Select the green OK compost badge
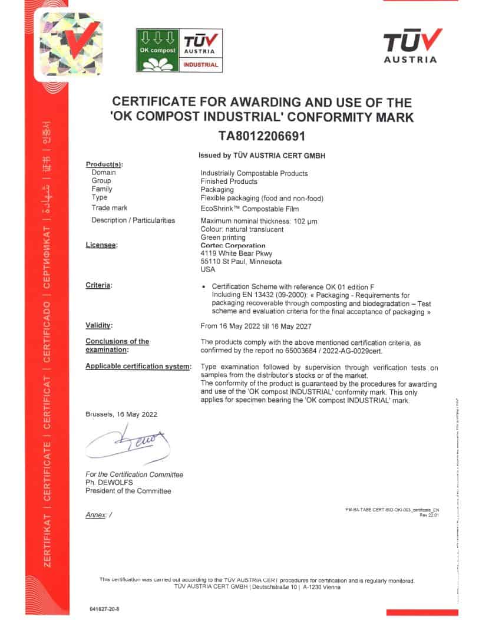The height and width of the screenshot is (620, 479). pyautogui.click(x=157, y=50)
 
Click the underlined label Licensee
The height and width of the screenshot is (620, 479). pyautogui.click(x=101, y=245)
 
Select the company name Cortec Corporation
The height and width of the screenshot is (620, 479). pyautogui.click(x=233, y=245)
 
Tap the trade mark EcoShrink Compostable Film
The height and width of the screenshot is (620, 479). pyautogui.click(x=250, y=208)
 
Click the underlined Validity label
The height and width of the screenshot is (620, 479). pyautogui.click(x=98, y=325)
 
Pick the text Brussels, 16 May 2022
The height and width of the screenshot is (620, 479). pyautogui.click(x=121, y=414)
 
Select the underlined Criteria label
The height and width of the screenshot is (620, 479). pyautogui.click(x=98, y=285)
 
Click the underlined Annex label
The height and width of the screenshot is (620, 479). pyautogui.click(x=95, y=515)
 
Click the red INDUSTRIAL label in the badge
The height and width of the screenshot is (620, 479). pyautogui.click(x=201, y=64)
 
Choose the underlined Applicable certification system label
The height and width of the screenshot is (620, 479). pyautogui.click(x=138, y=366)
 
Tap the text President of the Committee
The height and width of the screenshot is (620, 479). pyautogui.click(x=128, y=491)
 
